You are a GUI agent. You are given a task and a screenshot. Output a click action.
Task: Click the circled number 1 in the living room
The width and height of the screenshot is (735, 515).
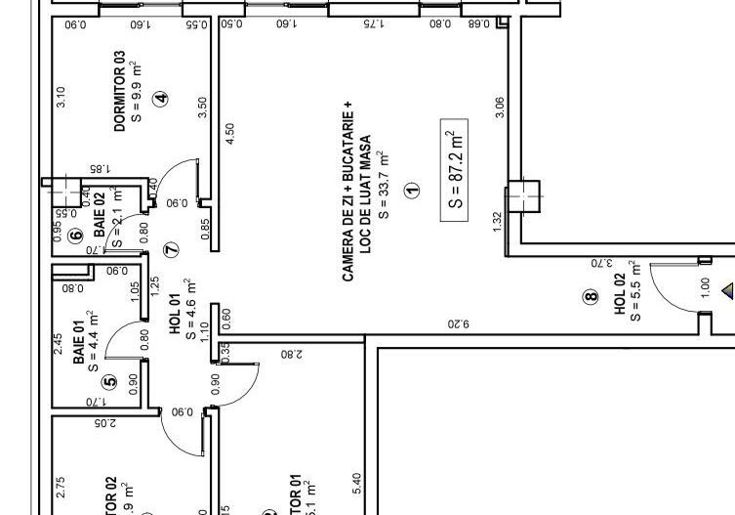(x=411, y=191)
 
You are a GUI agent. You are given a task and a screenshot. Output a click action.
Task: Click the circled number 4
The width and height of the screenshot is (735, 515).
(x=160, y=98)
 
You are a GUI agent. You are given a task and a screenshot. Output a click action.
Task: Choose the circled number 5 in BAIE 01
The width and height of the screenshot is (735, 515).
(x=109, y=382)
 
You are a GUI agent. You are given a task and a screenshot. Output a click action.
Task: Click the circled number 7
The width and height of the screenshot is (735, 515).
(x=172, y=249)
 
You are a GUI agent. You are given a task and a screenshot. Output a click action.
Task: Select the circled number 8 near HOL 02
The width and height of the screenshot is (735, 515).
(x=591, y=297)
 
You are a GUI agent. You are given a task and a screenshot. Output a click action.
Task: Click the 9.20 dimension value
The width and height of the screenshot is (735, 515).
(x=459, y=322)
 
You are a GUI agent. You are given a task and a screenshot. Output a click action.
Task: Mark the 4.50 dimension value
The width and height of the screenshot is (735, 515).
(x=230, y=134)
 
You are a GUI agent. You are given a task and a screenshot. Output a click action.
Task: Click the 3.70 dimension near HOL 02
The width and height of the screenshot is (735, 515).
(x=600, y=262)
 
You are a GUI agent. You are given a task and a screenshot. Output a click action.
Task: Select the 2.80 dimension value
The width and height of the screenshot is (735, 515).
(x=291, y=356)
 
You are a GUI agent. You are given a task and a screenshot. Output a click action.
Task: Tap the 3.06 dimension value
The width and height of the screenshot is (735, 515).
(x=501, y=107)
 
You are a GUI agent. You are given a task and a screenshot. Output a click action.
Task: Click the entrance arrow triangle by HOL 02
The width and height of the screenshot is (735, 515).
(x=727, y=290)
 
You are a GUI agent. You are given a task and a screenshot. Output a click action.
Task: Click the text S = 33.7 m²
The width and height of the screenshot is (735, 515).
(x=384, y=186)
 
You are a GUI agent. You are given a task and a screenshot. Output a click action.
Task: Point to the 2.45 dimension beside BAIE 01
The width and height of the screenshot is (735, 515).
(x=58, y=343)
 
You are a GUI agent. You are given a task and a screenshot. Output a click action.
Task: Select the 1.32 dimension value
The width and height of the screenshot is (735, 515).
(x=498, y=222)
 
